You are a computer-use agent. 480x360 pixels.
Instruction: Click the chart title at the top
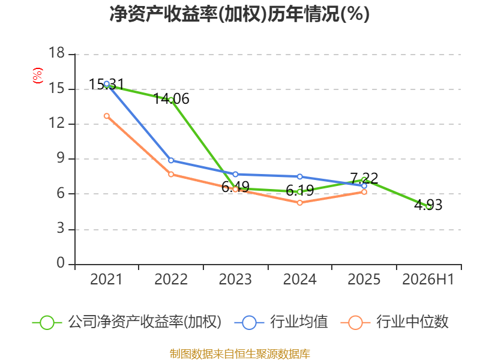click(239, 14)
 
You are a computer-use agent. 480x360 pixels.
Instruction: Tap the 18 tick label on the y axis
click(56, 53)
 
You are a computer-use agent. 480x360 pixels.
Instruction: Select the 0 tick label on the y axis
click(61, 263)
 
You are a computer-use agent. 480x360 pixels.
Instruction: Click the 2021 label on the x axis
click(106, 279)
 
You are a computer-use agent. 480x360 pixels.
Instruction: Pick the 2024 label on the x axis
click(299, 279)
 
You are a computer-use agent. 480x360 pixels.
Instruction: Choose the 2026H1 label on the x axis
click(428, 279)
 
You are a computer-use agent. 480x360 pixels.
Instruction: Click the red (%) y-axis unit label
click(38, 76)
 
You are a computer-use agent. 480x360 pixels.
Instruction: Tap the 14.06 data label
click(171, 99)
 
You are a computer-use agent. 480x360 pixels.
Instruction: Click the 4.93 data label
click(428, 205)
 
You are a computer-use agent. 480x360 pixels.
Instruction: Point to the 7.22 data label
click(364, 178)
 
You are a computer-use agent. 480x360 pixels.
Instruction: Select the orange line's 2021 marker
click(107, 116)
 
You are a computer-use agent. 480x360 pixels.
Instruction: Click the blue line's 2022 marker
click(171, 160)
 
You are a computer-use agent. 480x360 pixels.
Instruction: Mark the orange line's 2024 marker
click(299, 203)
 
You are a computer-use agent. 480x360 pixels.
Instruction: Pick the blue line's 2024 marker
click(299, 176)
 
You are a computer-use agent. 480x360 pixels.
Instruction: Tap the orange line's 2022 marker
click(171, 175)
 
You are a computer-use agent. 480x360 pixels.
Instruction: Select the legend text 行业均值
click(299, 322)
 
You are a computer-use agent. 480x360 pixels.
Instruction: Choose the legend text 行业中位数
click(412, 322)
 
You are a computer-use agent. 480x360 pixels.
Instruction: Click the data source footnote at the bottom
click(240, 354)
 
